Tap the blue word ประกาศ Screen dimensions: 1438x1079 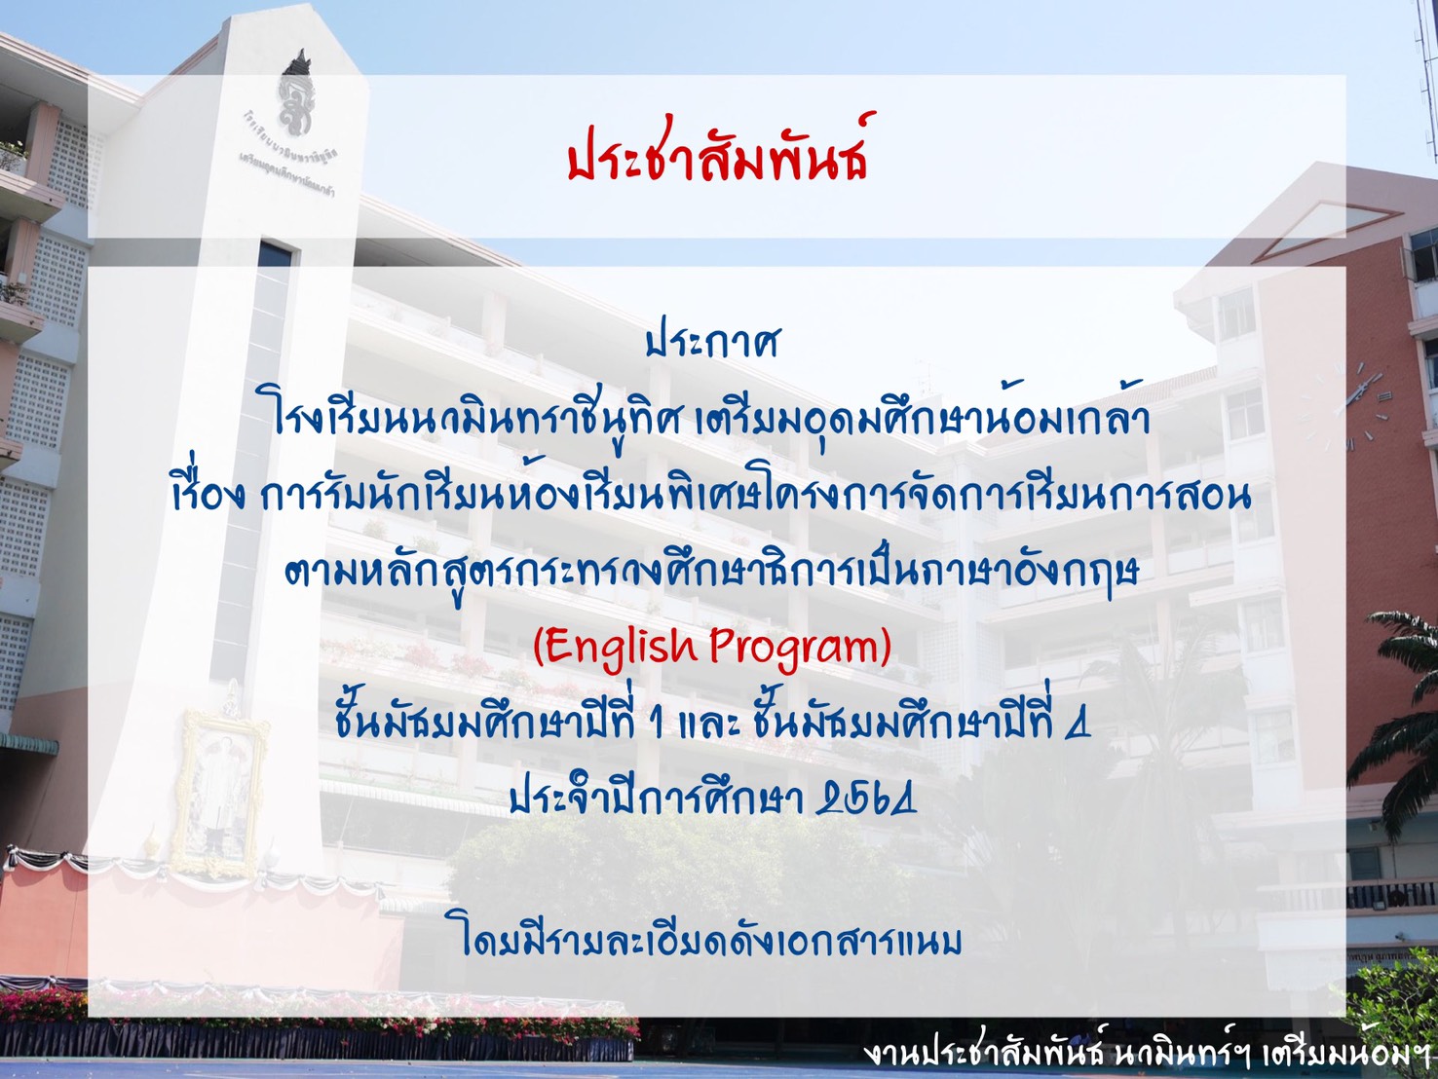[712, 343]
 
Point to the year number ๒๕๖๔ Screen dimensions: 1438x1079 [866, 799]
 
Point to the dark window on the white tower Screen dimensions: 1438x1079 [275, 254]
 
